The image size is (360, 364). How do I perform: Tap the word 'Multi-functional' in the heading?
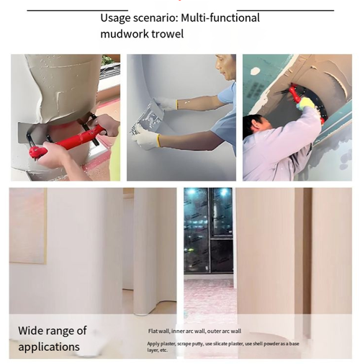224,17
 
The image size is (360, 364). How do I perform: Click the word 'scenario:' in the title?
162,17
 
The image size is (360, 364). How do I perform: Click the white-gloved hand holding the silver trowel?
148,138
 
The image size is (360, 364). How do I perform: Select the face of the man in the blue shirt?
225,70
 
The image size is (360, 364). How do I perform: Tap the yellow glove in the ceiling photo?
308,105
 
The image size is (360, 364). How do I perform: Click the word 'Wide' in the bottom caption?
31,331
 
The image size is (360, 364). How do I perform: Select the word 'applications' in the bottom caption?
49,347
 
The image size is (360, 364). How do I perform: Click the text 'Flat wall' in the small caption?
158,331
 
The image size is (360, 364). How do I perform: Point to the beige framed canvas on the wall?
27,226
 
